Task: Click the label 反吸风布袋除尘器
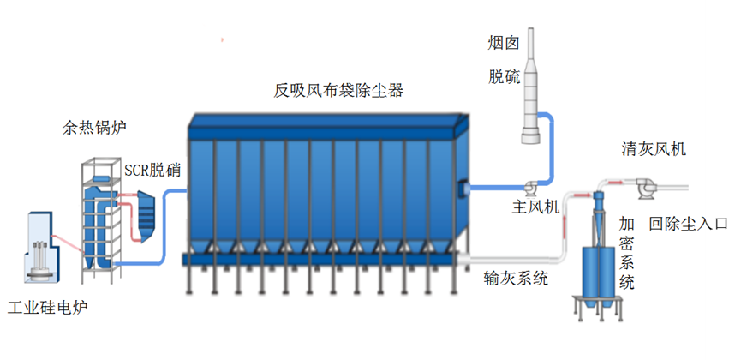tap(338, 90)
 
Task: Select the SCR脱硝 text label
tap(152, 171)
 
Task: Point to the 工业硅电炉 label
tap(48, 308)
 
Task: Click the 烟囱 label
tap(504, 43)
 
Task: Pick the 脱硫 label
tap(505, 76)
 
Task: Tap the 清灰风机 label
tap(654, 149)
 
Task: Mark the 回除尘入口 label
tap(688, 223)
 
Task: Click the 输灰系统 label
tap(516, 279)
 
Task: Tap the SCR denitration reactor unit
tap(146, 216)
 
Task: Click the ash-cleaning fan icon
tap(644, 189)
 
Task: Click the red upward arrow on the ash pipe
tap(564, 230)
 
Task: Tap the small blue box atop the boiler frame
tap(101, 178)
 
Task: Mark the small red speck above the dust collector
tap(222, 40)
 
